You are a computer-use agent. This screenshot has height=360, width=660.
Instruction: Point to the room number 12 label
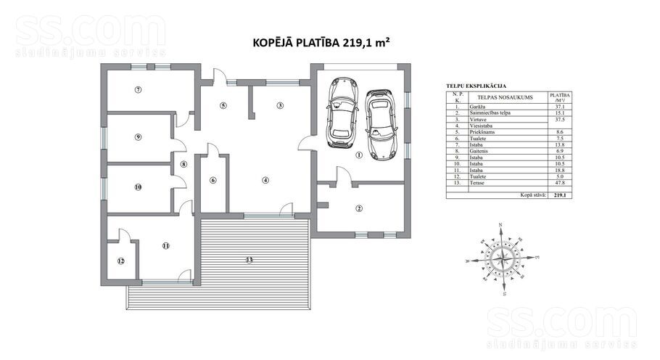point(121,261)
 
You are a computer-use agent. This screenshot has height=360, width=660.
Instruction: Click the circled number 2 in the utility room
point(358,209)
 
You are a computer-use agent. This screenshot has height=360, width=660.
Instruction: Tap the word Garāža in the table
point(477,107)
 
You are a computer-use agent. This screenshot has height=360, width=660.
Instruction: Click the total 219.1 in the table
point(559,195)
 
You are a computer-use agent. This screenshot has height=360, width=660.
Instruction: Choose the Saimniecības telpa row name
point(488,114)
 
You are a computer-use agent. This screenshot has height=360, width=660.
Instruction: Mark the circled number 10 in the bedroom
point(137,187)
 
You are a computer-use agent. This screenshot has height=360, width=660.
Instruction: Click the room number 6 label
point(213,180)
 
